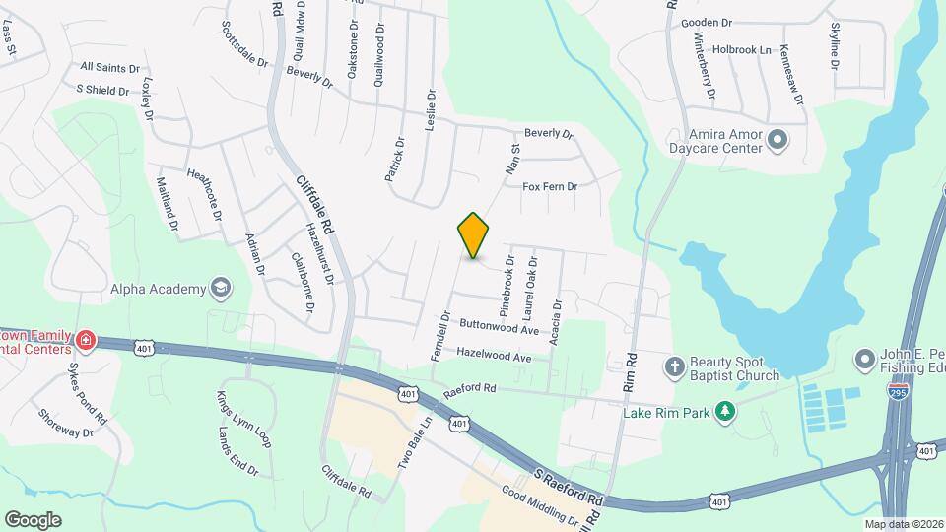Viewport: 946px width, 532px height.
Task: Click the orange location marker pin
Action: click(x=473, y=234)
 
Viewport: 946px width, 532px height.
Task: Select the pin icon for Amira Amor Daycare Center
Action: click(x=777, y=139)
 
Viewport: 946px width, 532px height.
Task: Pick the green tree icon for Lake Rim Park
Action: click(x=725, y=411)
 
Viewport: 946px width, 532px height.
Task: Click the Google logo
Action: click(x=33, y=519)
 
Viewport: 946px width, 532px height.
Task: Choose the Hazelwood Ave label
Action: click(x=494, y=354)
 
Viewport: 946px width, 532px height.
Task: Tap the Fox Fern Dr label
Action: click(x=549, y=186)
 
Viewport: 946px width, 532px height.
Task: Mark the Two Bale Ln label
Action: click(x=416, y=445)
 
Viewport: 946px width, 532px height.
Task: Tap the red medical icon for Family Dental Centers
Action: click(x=87, y=341)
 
